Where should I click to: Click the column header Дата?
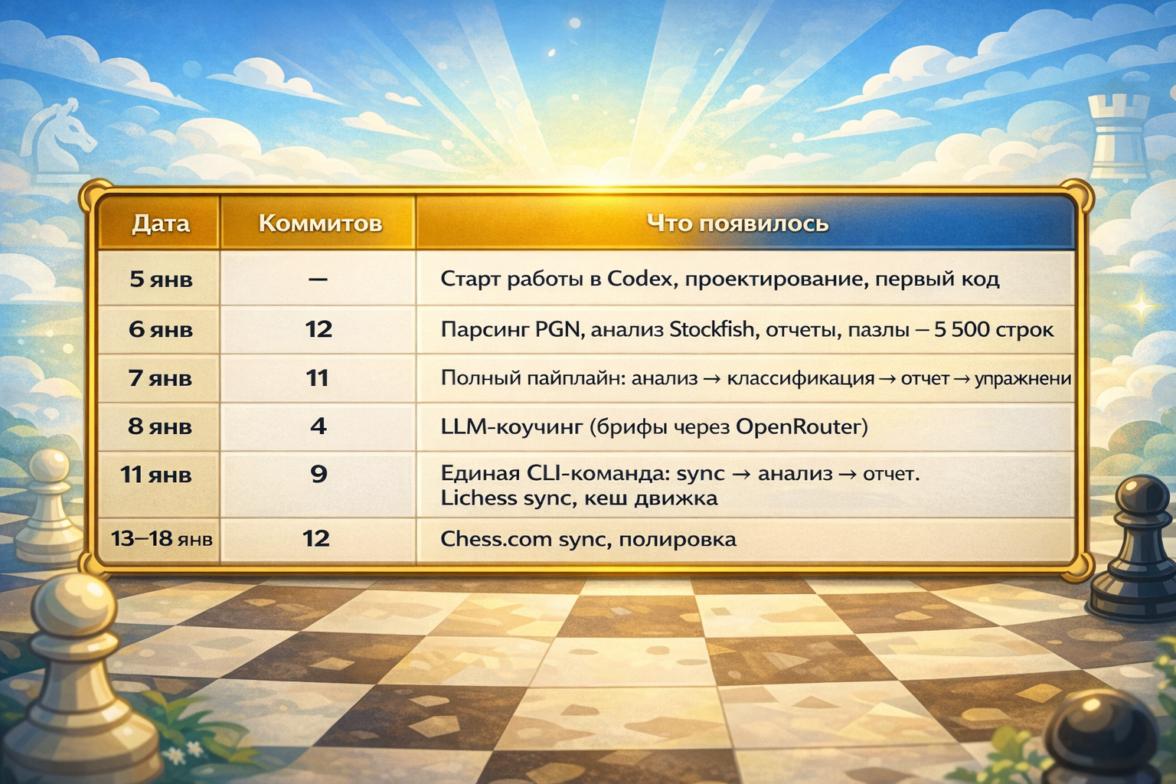[x=160, y=224]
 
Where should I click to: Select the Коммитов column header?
[x=320, y=224]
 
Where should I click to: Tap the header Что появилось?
[x=737, y=224]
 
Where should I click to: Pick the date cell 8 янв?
[x=160, y=426]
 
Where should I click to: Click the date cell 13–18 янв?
[x=162, y=539]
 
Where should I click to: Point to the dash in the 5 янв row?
[x=318, y=279]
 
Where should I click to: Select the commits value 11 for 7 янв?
[x=317, y=378]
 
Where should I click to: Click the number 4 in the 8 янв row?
[x=318, y=426]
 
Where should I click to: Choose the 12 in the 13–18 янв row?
[x=316, y=539]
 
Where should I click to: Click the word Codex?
[x=640, y=279]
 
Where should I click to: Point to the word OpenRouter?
[x=801, y=426]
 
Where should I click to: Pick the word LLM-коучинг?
[x=511, y=426]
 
